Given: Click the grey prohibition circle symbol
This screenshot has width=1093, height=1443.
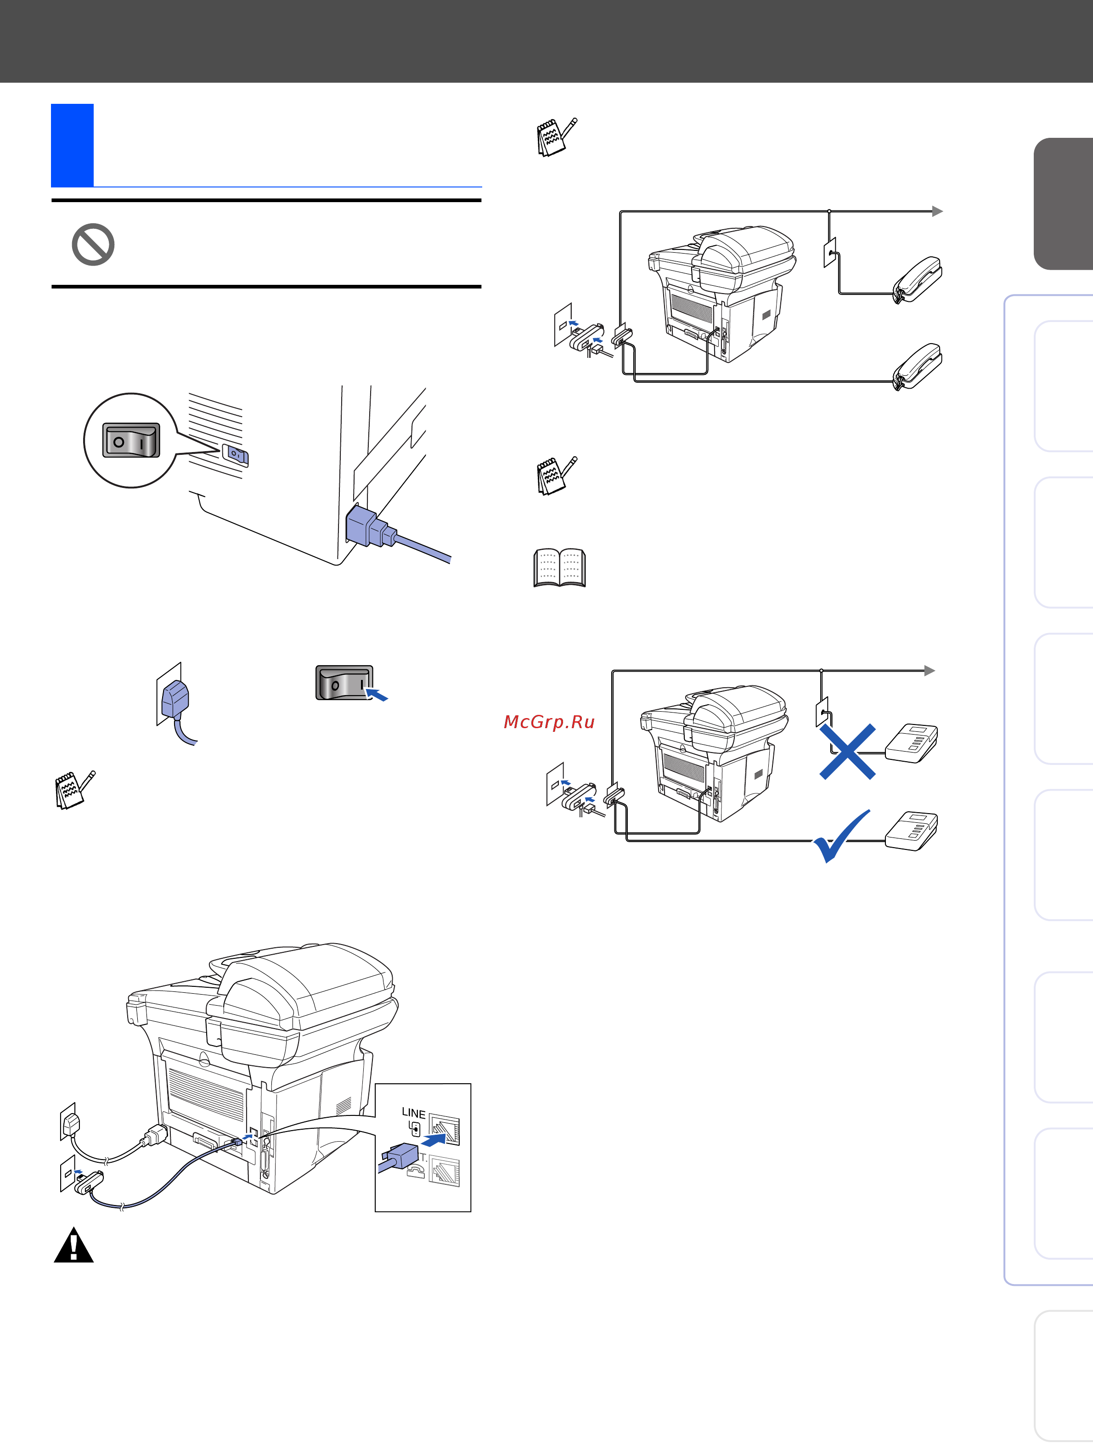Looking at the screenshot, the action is point(93,244).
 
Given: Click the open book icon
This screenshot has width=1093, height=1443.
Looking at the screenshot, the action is point(559,567).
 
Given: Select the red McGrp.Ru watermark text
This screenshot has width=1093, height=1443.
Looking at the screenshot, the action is point(549,721).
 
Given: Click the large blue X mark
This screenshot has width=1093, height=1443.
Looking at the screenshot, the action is point(847,752).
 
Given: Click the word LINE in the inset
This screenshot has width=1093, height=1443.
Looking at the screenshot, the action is point(413,1113).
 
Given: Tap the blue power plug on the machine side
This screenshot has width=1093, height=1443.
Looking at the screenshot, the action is point(370,526).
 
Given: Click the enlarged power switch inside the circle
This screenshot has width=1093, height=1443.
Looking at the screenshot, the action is point(131,440).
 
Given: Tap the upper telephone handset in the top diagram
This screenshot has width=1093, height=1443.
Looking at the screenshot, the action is point(917,279).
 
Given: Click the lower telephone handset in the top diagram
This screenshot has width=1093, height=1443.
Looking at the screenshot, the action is point(917,366).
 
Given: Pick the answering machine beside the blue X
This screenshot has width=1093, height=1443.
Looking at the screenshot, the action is point(912,743).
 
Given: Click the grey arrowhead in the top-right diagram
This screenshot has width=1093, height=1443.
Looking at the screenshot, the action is point(938,211).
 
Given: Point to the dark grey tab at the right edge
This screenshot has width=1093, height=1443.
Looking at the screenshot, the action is point(1063,204).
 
